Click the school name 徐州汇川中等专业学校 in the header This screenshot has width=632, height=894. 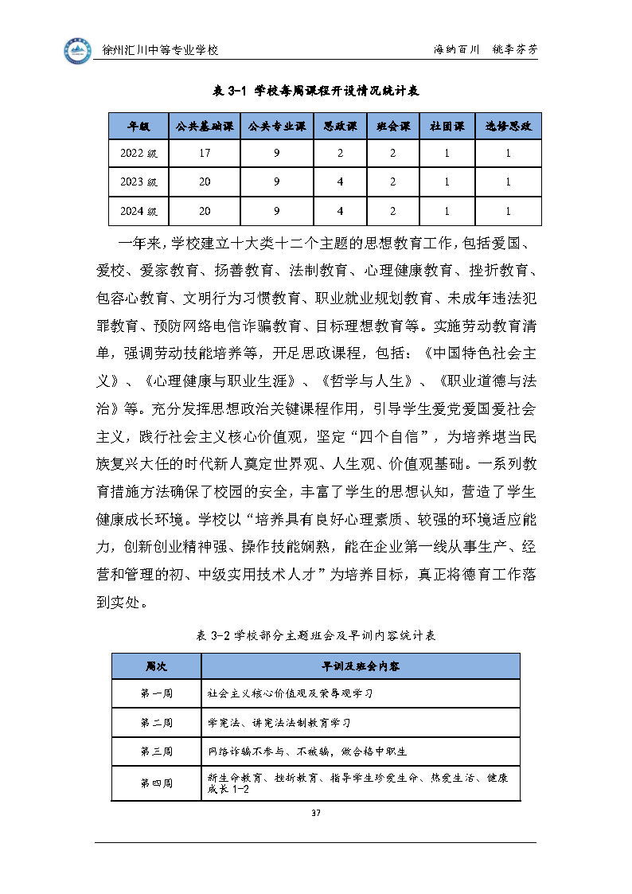[x=162, y=49]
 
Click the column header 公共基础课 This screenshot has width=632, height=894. [x=205, y=127]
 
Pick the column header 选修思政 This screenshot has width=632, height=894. [x=508, y=127]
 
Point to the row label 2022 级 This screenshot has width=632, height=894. [x=139, y=154]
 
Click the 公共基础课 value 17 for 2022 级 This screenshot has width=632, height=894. [x=205, y=154]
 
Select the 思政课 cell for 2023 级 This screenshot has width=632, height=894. [x=340, y=182]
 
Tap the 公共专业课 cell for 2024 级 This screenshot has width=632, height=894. [x=276, y=211]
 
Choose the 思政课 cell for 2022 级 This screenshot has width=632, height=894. [x=340, y=154]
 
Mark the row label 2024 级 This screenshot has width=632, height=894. [x=139, y=211]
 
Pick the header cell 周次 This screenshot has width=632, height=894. [x=156, y=666]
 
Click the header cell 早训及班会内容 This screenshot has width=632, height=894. [x=361, y=666]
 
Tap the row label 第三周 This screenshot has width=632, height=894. [x=156, y=751]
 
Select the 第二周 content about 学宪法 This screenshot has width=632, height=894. [x=279, y=722]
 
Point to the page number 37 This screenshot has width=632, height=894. [x=316, y=813]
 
